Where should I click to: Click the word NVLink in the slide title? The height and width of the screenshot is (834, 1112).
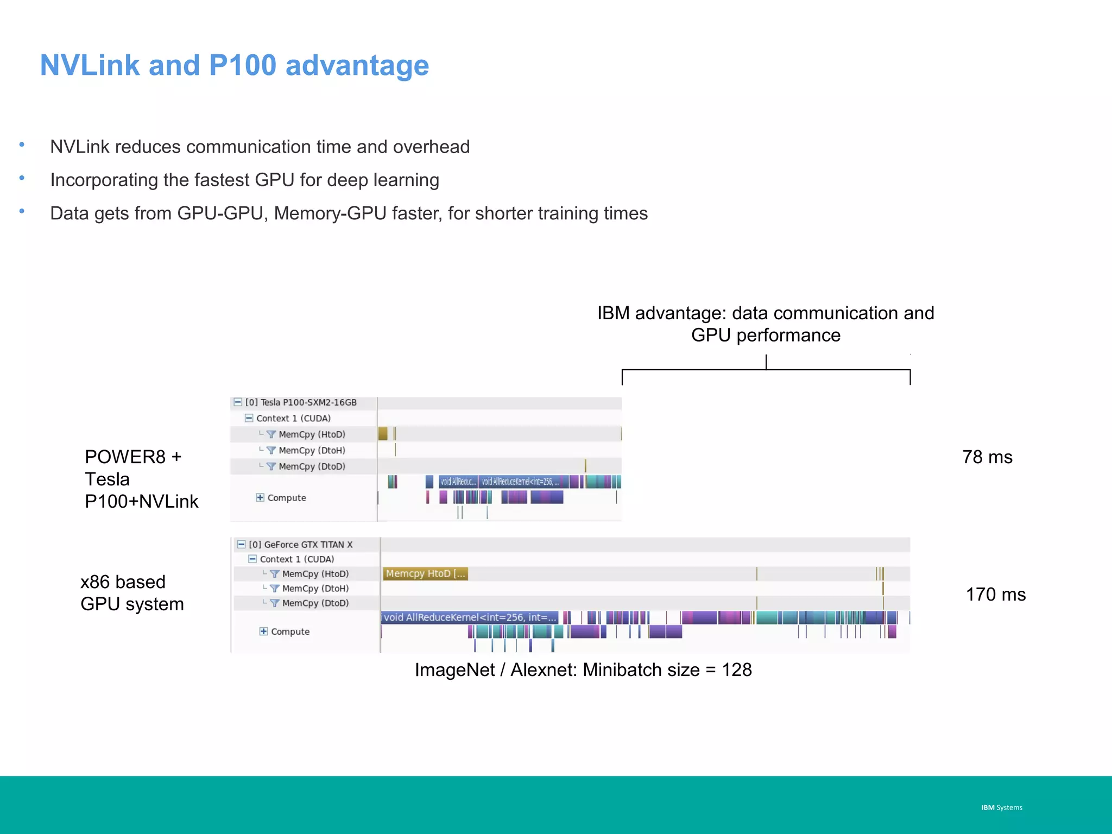(x=90, y=66)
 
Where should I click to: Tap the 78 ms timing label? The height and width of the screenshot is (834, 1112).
(x=987, y=457)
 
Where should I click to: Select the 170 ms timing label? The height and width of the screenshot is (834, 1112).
(x=995, y=595)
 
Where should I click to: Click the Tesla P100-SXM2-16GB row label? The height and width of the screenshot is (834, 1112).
(x=301, y=402)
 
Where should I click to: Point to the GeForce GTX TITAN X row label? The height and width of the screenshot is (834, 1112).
(x=300, y=545)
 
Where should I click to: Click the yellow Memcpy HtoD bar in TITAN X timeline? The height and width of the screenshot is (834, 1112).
(x=425, y=574)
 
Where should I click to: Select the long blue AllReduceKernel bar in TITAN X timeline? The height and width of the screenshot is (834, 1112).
(x=470, y=617)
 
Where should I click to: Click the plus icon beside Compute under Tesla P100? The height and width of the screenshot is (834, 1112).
(x=260, y=497)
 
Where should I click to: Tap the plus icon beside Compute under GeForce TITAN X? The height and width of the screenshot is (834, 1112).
(x=263, y=631)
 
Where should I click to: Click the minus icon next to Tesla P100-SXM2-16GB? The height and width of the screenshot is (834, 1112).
(x=238, y=402)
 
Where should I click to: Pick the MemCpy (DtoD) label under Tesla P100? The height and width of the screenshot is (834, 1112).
(x=312, y=466)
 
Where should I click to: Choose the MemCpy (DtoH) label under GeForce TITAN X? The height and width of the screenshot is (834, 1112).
(x=315, y=589)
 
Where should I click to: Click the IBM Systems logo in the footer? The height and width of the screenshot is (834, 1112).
(x=1001, y=807)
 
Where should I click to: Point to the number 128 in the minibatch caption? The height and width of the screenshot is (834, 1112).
(x=736, y=670)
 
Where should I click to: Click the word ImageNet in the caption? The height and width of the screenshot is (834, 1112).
(x=454, y=670)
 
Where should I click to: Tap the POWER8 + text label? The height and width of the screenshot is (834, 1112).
(x=132, y=457)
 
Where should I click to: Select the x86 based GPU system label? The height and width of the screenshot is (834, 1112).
(x=132, y=593)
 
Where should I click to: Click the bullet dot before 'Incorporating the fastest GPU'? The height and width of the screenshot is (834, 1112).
(x=22, y=178)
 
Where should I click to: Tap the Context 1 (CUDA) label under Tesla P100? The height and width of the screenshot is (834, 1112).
(x=293, y=418)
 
